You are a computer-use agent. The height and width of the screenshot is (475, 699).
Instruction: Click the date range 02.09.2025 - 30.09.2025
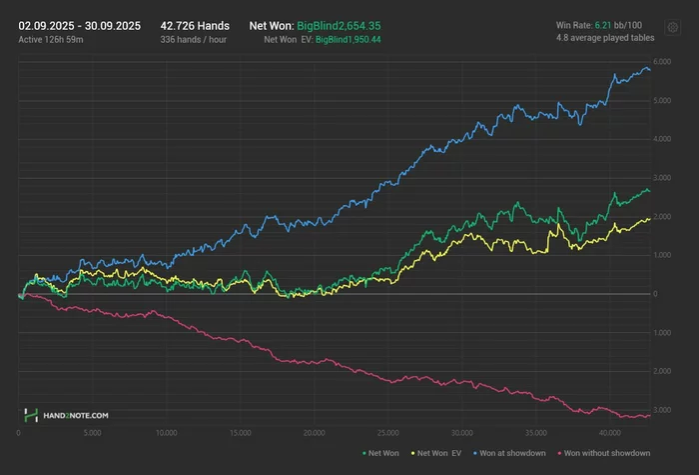pyautogui.click(x=80, y=24)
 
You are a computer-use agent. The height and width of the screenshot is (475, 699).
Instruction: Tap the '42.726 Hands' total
pyautogui.click(x=195, y=24)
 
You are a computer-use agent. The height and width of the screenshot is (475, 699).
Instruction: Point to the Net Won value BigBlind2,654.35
pyautogui.click(x=339, y=24)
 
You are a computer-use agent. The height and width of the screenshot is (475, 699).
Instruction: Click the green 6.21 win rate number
pyautogui.click(x=603, y=24)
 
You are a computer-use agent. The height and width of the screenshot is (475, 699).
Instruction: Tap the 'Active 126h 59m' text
pyautogui.click(x=50, y=39)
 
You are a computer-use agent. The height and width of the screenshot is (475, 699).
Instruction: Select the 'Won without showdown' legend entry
pyautogui.click(x=604, y=453)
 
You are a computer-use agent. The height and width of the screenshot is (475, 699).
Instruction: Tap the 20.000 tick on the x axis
pyautogui.click(x=314, y=433)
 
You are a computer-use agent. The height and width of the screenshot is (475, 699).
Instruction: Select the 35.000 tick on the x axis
pyautogui.click(x=535, y=433)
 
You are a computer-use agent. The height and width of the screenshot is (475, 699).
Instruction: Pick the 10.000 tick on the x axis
pyautogui.click(x=167, y=433)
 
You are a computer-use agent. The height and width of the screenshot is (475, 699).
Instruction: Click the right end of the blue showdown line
pyautogui.click(x=650, y=69)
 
